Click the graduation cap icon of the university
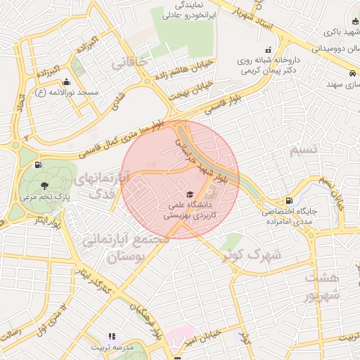tap(188, 194)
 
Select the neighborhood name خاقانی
tap(129, 63)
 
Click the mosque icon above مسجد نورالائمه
tap(67, 81)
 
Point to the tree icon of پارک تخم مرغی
tap(45, 186)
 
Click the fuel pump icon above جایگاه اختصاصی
tap(290, 201)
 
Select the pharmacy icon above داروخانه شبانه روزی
tap(268, 50)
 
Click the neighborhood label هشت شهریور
tap(322, 286)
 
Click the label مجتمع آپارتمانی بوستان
tap(127, 248)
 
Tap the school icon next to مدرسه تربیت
tap(110, 337)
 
